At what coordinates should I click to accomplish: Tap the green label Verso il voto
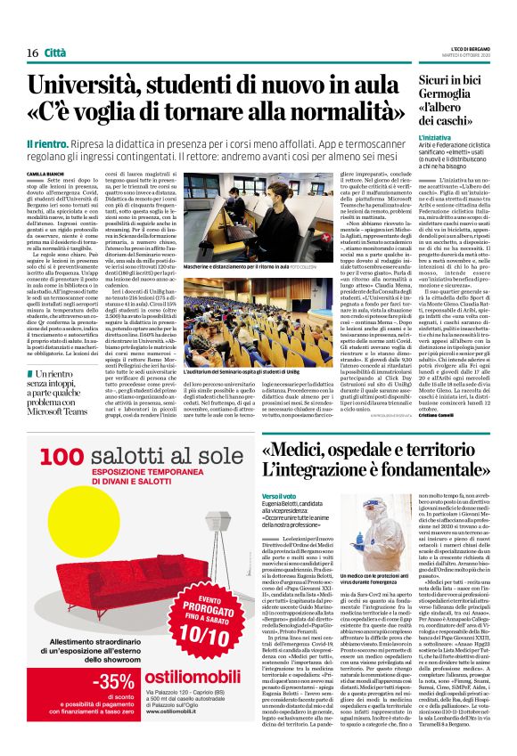coord(279,494)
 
